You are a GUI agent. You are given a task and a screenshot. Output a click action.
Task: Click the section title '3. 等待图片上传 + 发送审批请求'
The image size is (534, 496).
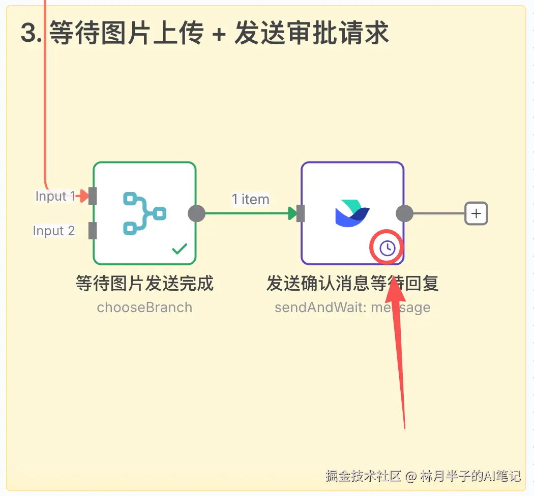[204, 33]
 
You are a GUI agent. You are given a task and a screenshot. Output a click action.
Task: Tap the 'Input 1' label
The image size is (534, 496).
[55, 196]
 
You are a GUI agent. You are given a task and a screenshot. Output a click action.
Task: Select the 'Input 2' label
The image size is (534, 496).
[53, 231]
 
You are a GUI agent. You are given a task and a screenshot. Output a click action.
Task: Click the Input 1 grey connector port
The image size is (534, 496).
[93, 196]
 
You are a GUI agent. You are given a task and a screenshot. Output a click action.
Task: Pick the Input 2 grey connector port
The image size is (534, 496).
[93, 231]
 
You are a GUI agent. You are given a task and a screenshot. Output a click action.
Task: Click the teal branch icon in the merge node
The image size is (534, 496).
[144, 213]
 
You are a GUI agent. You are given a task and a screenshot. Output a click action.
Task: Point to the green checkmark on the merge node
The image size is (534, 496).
[180, 249]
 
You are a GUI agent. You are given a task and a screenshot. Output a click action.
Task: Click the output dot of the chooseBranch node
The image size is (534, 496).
[196, 213]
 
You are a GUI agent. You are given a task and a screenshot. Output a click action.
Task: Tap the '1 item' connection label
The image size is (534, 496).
[250, 200]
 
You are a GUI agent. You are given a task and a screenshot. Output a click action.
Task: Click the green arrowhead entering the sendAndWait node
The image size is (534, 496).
[292, 213]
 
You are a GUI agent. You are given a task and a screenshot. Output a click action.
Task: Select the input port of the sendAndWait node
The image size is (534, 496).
[301, 213]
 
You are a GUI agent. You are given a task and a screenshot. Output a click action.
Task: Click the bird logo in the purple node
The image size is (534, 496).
[352, 213]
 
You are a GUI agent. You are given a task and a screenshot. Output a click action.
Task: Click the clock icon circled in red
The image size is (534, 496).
[387, 249]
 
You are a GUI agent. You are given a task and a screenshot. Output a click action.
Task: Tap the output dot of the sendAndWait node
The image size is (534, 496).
[404, 213]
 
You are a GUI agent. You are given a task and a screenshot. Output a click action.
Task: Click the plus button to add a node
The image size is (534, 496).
[476, 213]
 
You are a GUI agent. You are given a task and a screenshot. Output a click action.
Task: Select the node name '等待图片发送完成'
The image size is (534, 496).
[144, 283]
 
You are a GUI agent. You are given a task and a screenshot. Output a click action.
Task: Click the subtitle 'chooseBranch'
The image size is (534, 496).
[144, 308]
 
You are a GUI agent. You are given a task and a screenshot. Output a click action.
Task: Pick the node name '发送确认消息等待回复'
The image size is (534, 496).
[352, 283]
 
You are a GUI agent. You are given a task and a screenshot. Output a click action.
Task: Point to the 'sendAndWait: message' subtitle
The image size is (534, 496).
[352, 308]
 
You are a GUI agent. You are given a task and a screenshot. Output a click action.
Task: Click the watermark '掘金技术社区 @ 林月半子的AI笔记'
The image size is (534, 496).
[423, 476]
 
